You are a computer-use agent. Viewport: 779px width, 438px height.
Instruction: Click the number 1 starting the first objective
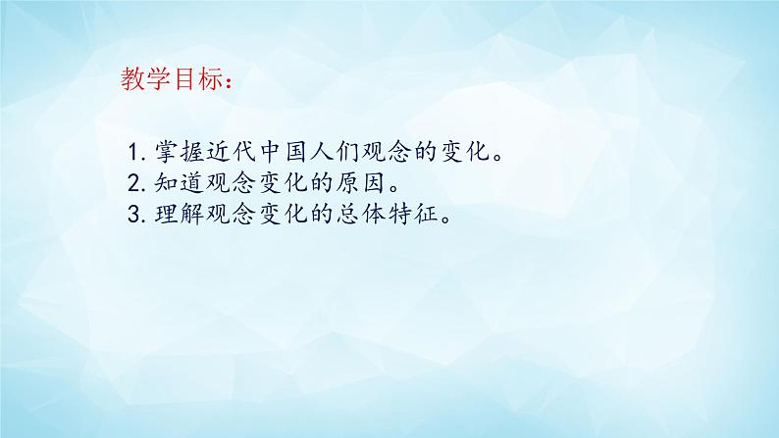(134, 154)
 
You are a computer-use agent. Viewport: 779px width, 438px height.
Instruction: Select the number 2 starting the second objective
(134, 182)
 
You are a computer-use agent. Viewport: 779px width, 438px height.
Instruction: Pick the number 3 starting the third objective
(134, 215)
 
